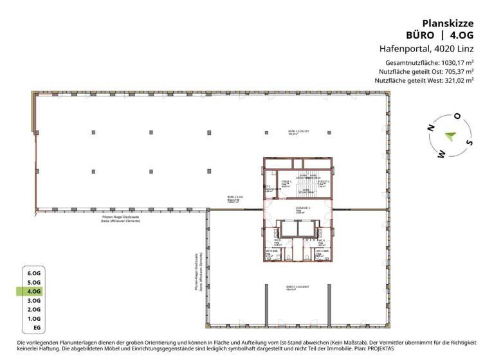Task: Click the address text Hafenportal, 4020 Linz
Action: pos(425,48)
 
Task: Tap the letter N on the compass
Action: pos(430,129)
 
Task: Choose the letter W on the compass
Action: pos(441,154)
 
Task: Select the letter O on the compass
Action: pos(457,116)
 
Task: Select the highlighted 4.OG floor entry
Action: pos(34,291)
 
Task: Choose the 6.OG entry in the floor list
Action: pos(34,273)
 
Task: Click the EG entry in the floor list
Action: pos(37,328)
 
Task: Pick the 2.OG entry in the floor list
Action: pos(34,309)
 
